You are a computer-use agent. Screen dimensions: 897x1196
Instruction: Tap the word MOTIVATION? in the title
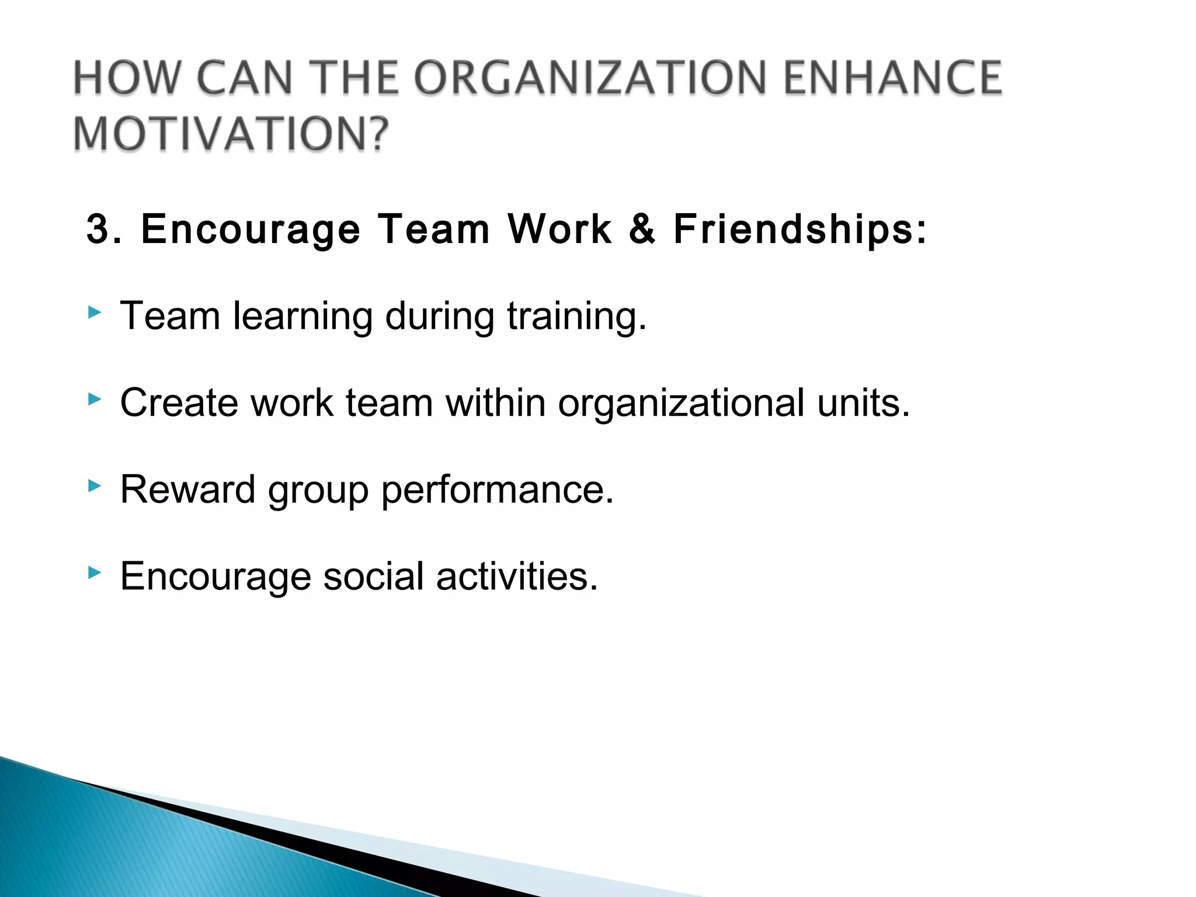[x=231, y=134]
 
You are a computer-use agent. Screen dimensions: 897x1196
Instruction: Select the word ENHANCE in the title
[x=892, y=78]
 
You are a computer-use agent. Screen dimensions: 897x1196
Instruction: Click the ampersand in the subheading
[x=642, y=229]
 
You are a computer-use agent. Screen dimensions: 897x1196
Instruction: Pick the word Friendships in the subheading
[x=794, y=229]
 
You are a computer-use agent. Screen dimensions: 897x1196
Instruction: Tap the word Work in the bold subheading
[x=559, y=229]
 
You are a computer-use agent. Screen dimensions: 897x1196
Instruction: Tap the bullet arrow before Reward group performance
[x=94, y=485]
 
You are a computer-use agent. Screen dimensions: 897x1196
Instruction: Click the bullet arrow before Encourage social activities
[x=94, y=572]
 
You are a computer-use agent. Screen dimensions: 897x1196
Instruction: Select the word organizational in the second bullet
[x=681, y=404]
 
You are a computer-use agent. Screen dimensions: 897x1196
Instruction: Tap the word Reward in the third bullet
[x=187, y=489]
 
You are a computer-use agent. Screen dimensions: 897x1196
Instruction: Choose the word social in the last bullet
[x=373, y=576]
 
